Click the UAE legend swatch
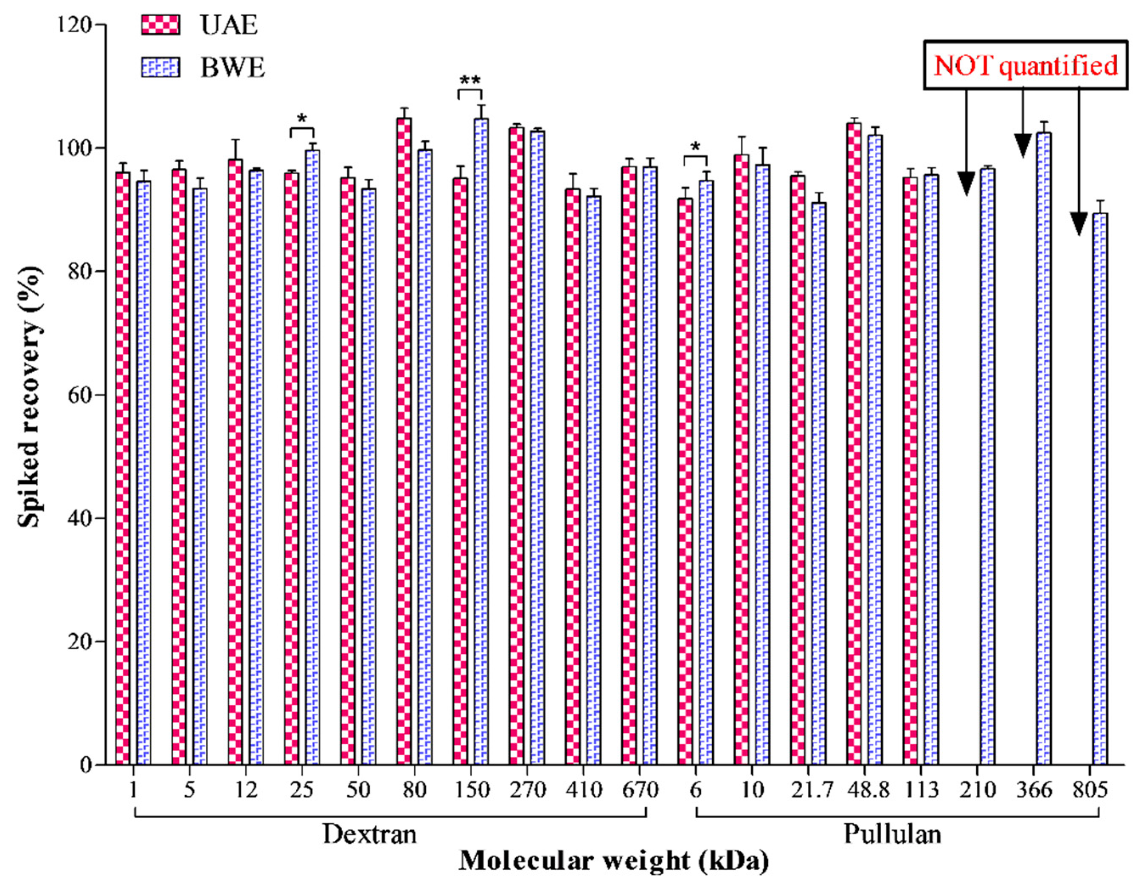coord(160,25)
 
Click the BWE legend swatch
coord(160,68)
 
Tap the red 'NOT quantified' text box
coord(1025,66)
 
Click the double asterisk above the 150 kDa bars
coord(469,81)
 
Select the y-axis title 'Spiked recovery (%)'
coord(29,397)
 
